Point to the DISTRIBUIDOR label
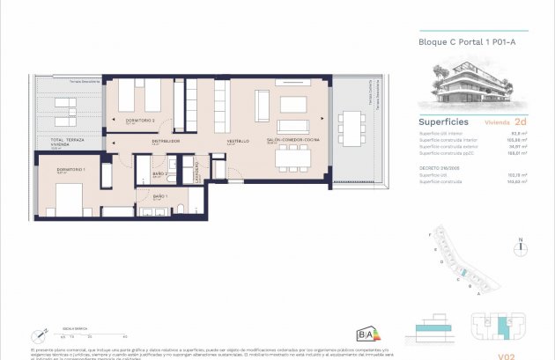(166, 140)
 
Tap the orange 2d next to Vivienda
(521, 122)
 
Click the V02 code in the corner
(506, 356)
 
